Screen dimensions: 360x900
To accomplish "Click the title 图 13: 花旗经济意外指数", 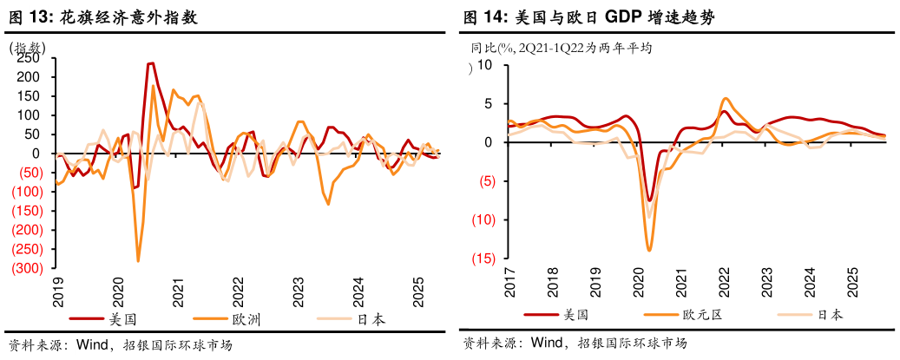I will (102, 16).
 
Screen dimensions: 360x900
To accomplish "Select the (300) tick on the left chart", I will (25, 269).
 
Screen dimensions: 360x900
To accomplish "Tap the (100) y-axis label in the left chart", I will (25, 192).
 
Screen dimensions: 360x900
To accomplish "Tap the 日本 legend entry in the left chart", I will (371, 319).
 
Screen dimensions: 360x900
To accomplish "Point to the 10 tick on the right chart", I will (484, 65).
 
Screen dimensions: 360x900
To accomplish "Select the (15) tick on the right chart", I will (482, 259).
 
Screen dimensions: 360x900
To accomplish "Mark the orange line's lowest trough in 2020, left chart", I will (138, 260).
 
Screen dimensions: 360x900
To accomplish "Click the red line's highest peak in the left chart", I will (151, 62).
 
